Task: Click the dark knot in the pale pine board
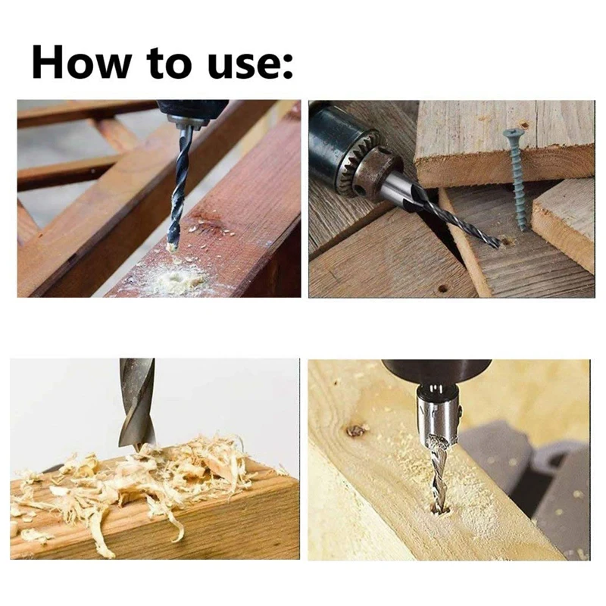[x=356, y=430]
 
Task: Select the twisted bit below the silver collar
[x=439, y=473]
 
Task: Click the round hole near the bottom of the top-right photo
[x=443, y=289]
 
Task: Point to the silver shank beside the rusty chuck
[x=400, y=186]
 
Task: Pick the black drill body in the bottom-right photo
[x=437, y=371]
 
